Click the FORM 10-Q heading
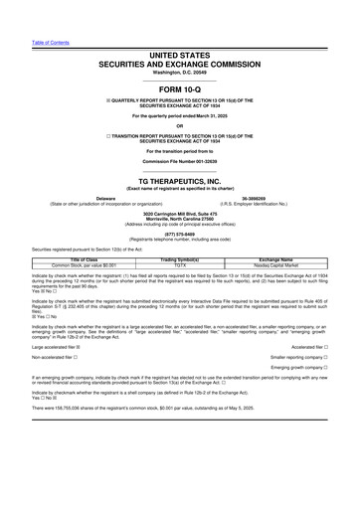pos(180,87)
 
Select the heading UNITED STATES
pos(180,54)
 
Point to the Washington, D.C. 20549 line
pos(180,72)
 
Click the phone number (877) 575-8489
pos(180,235)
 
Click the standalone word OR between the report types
pos(180,124)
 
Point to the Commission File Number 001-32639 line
pos(180,160)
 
